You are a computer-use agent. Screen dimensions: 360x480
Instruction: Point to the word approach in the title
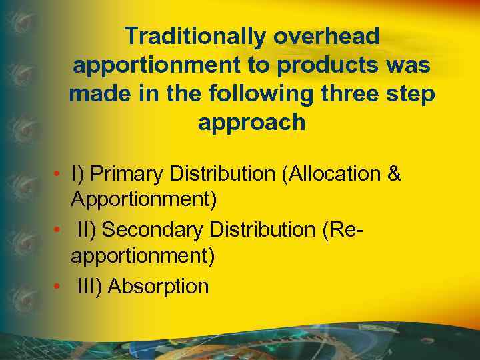click(252, 123)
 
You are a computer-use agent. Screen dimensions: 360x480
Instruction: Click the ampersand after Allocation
click(394, 174)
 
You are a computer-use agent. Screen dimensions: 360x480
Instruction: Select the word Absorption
click(158, 286)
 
